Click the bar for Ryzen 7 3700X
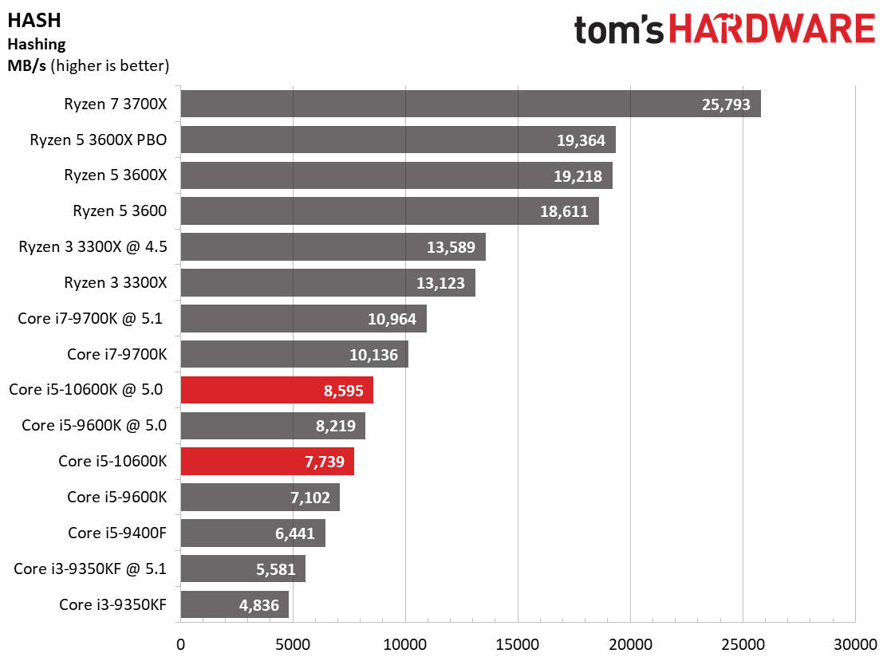tap(471, 104)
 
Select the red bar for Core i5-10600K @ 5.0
tap(277, 390)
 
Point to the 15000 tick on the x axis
tap(518, 643)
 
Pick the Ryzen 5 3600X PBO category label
tap(99, 140)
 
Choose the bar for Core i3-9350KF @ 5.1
tap(242, 569)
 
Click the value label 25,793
tap(726, 104)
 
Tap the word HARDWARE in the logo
tap(772, 30)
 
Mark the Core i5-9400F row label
tap(117, 533)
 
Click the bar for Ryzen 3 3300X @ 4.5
tap(333, 247)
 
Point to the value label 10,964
tap(392, 319)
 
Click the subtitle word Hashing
tap(36, 45)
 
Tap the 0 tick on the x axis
tap(181, 643)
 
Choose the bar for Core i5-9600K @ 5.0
tap(273, 426)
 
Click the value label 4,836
tap(259, 605)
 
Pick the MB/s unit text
tap(26, 65)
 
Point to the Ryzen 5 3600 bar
tap(389, 211)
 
